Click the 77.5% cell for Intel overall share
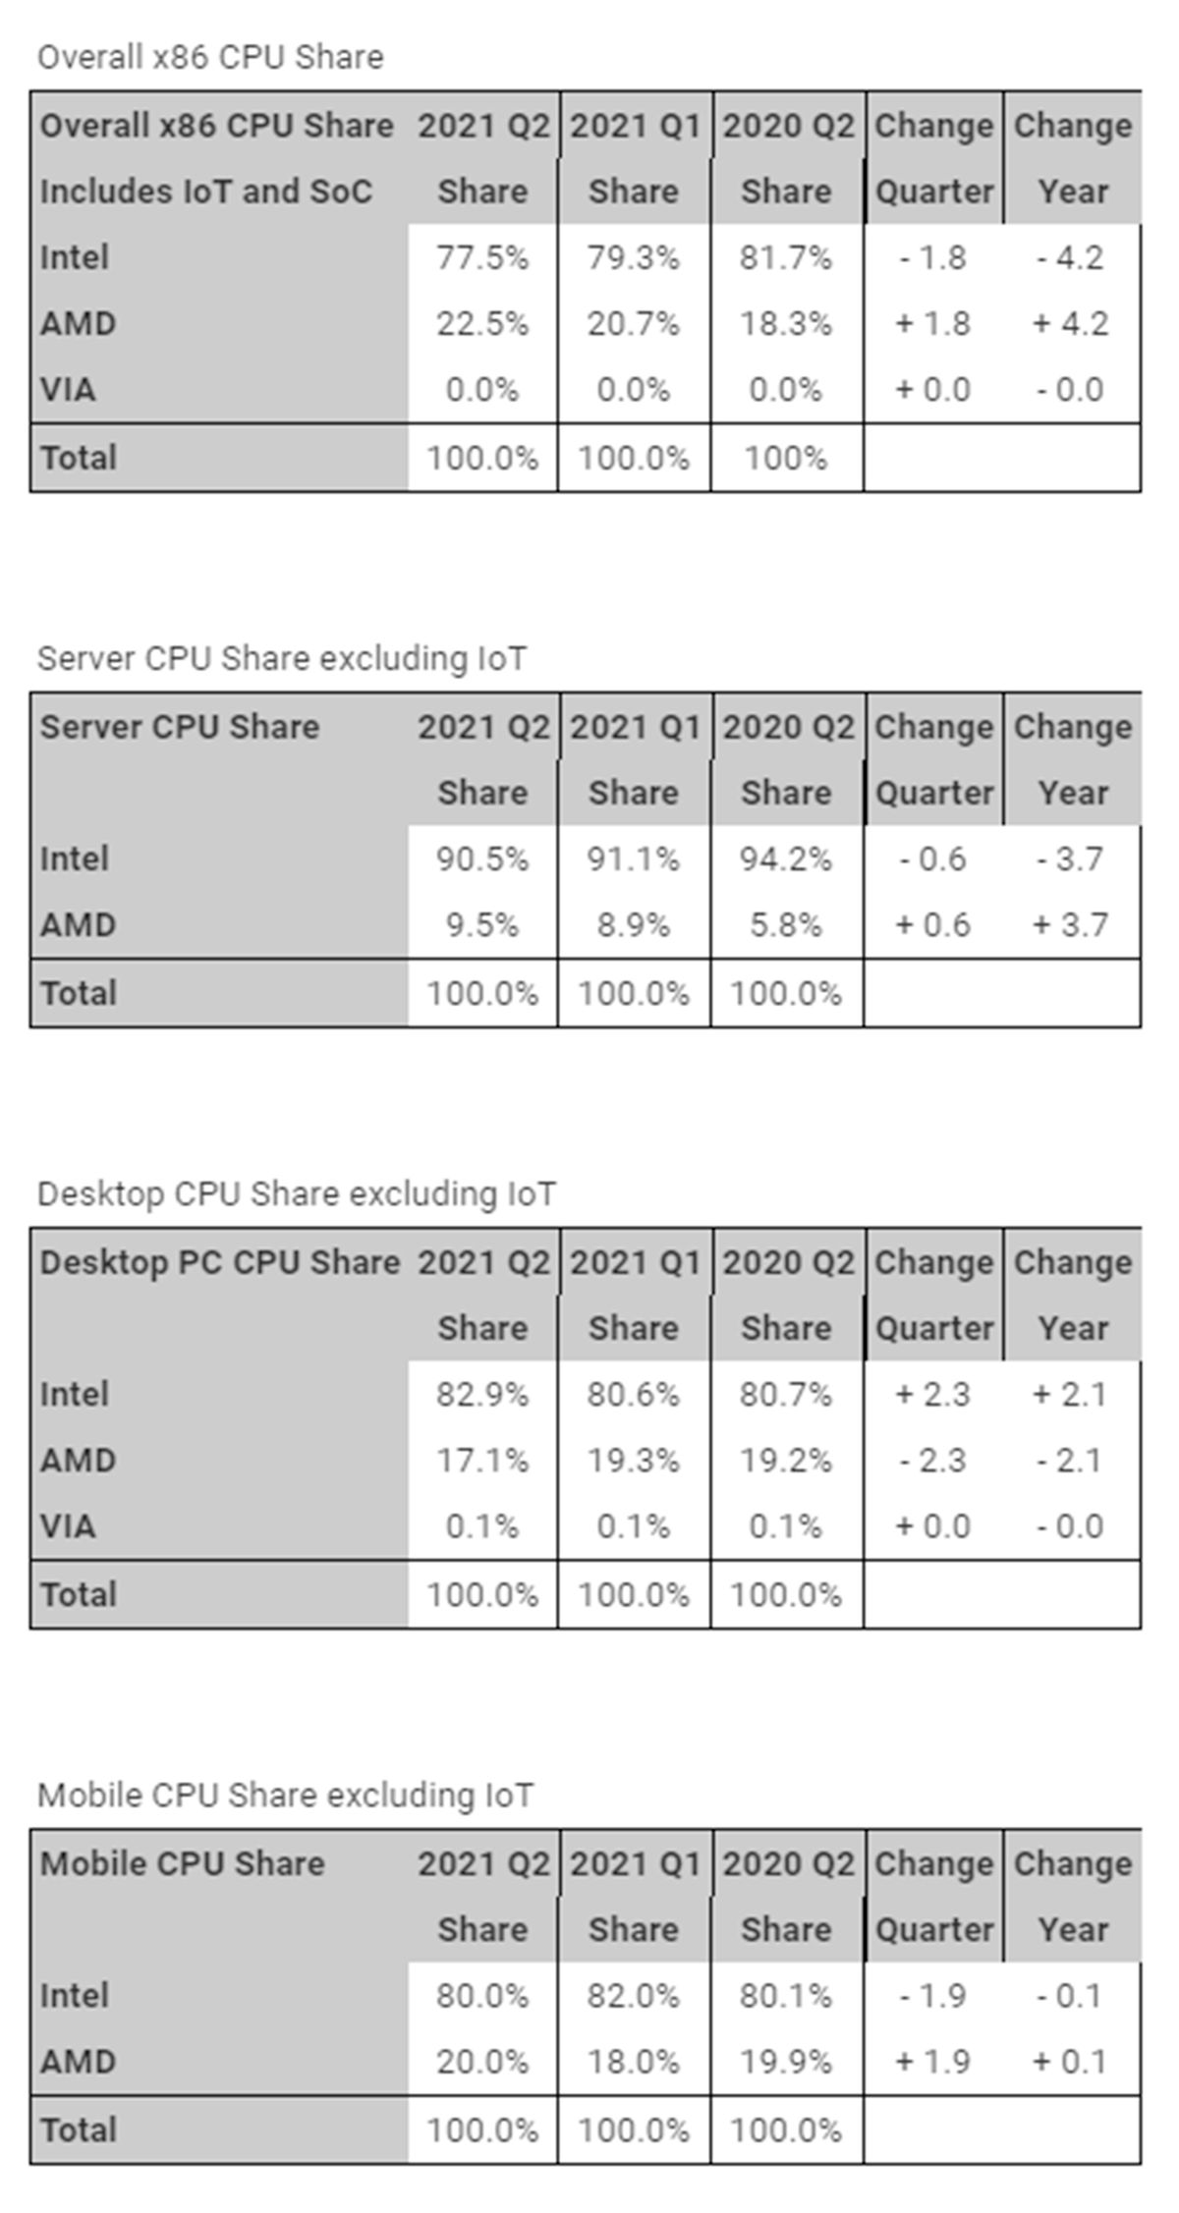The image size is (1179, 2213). point(481,257)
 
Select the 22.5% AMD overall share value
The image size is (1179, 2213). point(481,323)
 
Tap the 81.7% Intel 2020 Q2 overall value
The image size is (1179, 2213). point(785,257)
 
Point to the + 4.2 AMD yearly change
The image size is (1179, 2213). point(1070,323)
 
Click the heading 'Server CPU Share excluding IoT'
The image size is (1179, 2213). point(281,658)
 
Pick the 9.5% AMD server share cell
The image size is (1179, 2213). point(481,924)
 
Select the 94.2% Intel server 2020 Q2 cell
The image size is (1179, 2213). point(785,858)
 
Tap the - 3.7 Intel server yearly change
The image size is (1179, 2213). point(1070,858)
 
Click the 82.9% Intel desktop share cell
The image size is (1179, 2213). point(481,1394)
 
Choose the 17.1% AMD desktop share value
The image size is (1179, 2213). point(481,1460)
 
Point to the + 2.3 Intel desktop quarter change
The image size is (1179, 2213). point(932,1394)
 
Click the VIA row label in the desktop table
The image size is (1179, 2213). point(68,1525)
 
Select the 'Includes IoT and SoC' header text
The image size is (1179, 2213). point(206,192)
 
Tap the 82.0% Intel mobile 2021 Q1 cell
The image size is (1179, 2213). point(633,1995)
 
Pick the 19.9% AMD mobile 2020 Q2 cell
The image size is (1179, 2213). point(785,2061)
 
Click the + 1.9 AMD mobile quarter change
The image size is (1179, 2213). point(932,2061)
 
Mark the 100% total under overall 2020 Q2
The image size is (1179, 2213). point(785,458)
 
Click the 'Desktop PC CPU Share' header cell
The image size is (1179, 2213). point(219,1262)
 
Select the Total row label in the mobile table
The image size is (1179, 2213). point(79,2130)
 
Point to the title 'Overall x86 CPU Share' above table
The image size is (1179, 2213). point(210,57)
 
